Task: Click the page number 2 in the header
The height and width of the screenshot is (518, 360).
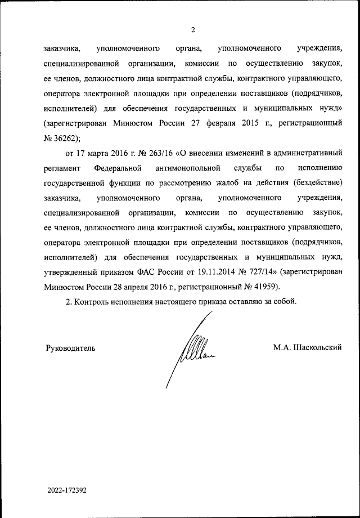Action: click(192, 30)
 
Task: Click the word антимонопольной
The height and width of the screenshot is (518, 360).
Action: click(188, 168)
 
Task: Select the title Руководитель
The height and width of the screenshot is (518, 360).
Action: click(70, 348)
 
